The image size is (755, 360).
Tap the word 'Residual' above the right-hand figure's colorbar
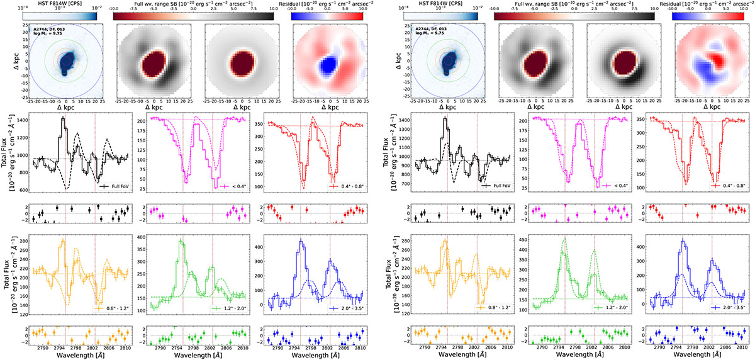coord(685,4)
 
